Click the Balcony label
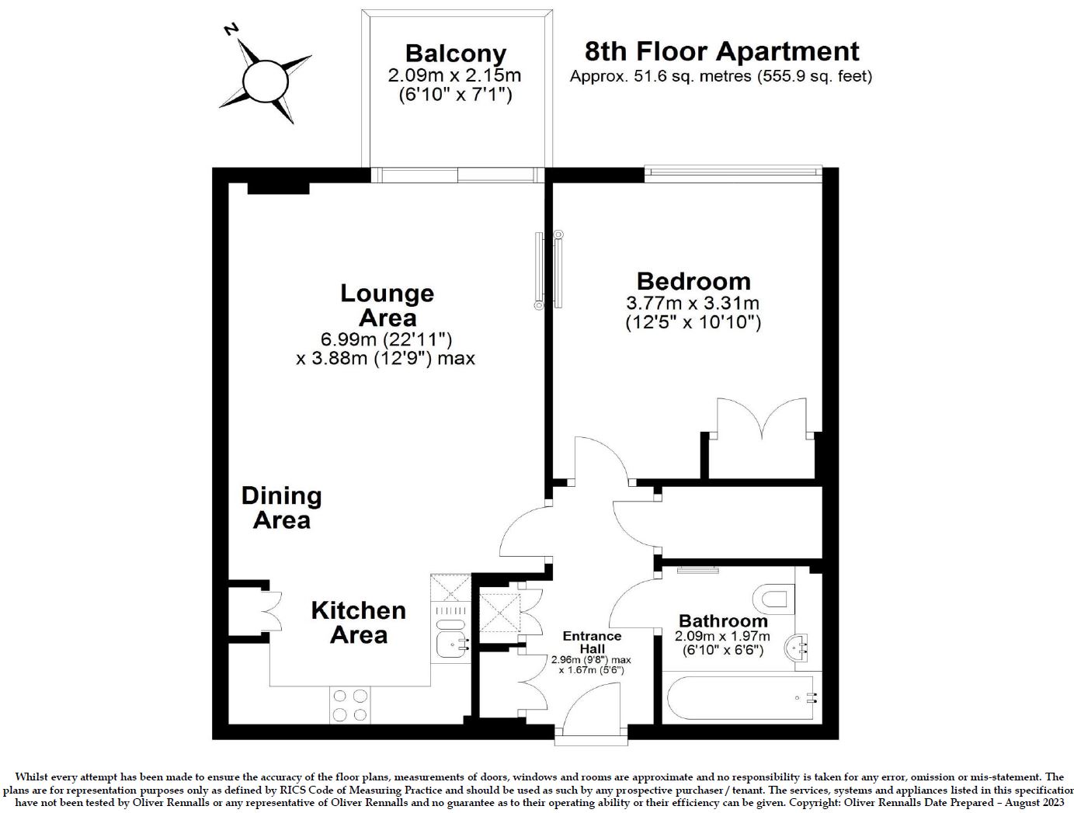click(456, 54)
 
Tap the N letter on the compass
click(230, 30)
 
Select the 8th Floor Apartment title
click(721, 51)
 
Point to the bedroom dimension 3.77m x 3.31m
click(693, 303)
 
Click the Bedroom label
click(693, 281)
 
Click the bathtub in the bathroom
click(742, 698)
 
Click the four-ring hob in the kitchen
click(349, 705)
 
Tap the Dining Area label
click(281, 508)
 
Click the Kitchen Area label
click(359, 623)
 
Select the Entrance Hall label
click(592, 642)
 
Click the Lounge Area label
click(387, 305)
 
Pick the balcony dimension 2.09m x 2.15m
click(454, 75)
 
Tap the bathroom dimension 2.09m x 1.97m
click(722, 637)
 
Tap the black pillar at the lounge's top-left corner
click(278, 188)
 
